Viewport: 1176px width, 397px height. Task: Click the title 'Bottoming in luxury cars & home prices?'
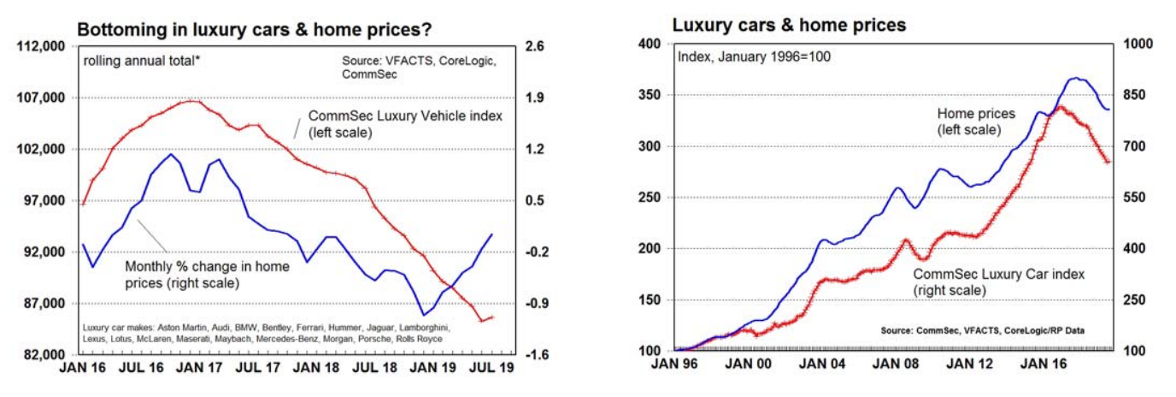tap(254, 30)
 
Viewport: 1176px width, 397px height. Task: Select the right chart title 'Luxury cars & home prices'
tap(789, 26)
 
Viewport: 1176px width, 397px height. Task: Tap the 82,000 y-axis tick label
tap(44, 355)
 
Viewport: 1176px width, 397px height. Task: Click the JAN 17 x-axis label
tap(203, 373)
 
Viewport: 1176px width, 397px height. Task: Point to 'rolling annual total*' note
tap(141, 61)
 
